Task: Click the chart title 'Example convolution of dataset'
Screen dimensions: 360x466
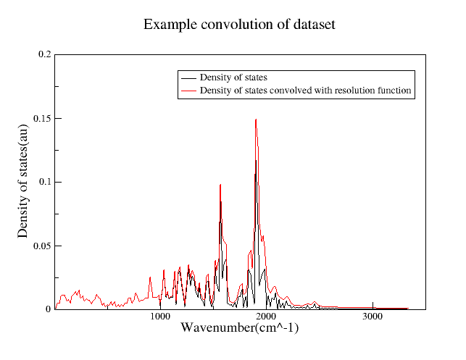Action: tap(239, 25)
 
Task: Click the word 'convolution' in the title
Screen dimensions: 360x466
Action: tap(233, 25)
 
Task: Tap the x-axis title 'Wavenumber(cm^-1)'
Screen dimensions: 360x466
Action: tap(239, 328)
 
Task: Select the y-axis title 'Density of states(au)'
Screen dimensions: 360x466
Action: tap(23, 181)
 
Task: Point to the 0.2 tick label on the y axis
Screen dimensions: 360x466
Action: tap(44, 54)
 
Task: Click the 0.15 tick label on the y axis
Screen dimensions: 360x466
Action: tap(42, 118)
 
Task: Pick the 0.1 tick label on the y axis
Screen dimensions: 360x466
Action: tap(44, 182)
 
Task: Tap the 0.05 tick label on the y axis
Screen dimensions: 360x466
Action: tap(42, 246)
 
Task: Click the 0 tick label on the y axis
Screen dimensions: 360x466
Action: tap(49, 309)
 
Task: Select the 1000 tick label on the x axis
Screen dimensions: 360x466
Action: tap(160, 317)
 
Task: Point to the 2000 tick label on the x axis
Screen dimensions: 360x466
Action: tap(266, 317)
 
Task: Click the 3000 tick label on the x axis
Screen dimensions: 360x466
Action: tap(372, 317)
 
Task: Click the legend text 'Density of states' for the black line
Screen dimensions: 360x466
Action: tap(234, 78)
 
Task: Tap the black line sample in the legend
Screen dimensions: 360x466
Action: tap(188, 78)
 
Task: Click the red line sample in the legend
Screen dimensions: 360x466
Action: tap(188, 91)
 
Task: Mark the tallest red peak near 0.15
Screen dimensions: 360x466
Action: tap(256, 120)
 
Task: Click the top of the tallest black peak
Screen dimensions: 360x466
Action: tap(255, 175)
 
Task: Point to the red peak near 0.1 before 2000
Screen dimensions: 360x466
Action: tap(220, 185)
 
